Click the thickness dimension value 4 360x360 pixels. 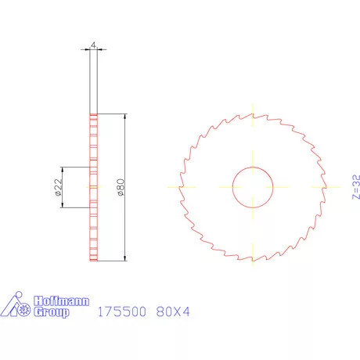(x=93, y=46)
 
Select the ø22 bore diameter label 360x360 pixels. (x=58, y=187)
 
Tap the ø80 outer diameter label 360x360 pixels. (x=119, y=187)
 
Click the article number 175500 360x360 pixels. (x=121, y=311)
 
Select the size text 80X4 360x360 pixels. (x=173, y=311)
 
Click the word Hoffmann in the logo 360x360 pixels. (x=62, y=301)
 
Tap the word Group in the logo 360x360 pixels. (x=52, y=312)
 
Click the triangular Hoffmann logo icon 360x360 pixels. (x=17, y=306)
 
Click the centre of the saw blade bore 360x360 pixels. (x=252, y=187)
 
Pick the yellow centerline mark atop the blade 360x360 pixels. (x=252, y=110)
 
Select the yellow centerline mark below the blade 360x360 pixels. (x=252, y=264)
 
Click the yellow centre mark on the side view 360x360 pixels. (x=93, y=187)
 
